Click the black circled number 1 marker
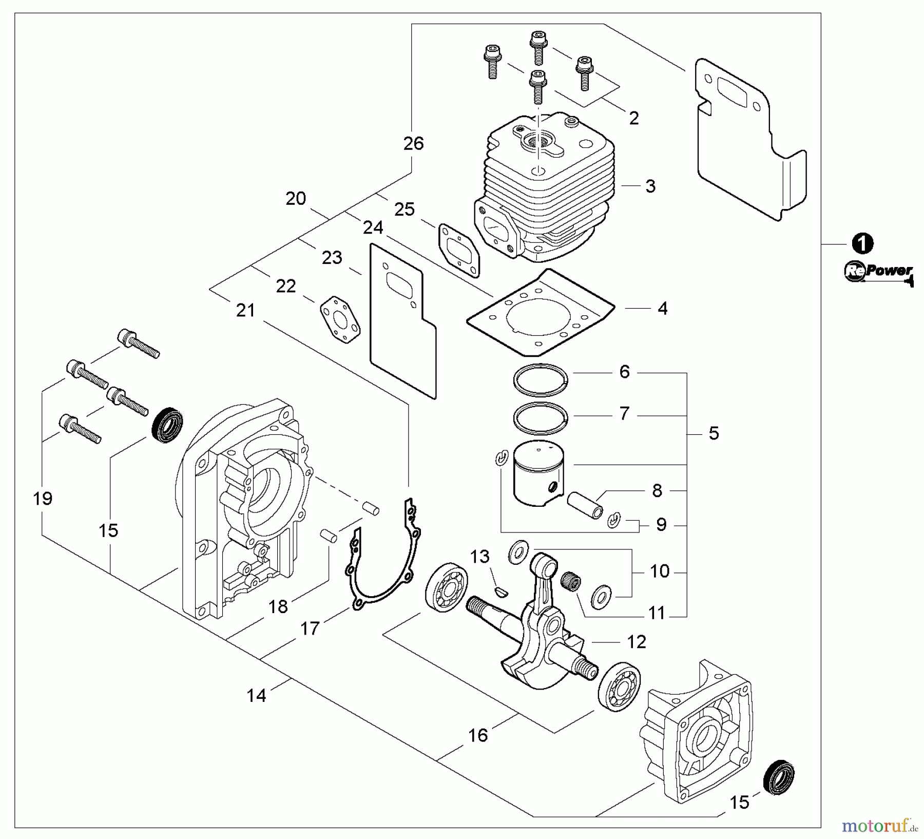pyautogui.click(x=862, y=243)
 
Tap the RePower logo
pyautogui.click(x=878, y=272)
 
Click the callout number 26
pyautogui.click(x=414, y=144)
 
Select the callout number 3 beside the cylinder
pyautogui.click(x=650, y=186)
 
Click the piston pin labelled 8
pyautogui.click(x=585, y=505)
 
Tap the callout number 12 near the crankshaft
pyautogui.click(x=637, y=642)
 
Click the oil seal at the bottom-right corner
pyautogui.click(x=779, y=777)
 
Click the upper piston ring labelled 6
pyautogui.click(x=541, y=380)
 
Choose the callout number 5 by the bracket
pyautogui.click(x=714, y=433)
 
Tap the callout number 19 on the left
pyautogui.click(x=43, y=499)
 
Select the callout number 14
pyautogui.click(x=257, y=696)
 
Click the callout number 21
pyautogui.click(x=245, y=311)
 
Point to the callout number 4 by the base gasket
pyautogui.click(x=663, y=309)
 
